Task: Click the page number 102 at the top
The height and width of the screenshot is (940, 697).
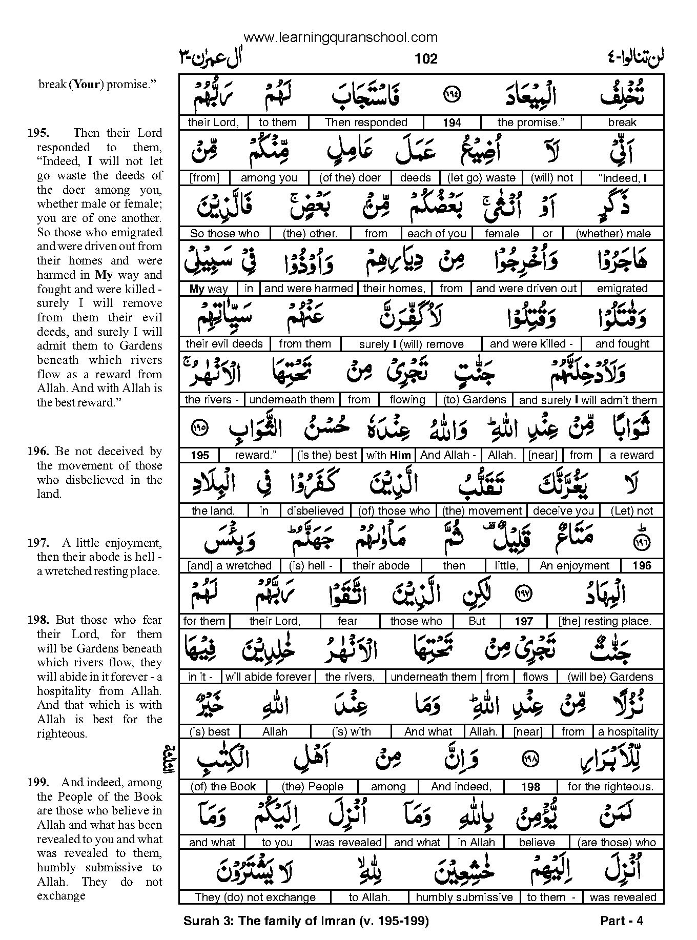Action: click(x=426, y=59)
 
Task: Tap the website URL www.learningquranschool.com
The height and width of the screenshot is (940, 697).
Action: click(x=341, y=37)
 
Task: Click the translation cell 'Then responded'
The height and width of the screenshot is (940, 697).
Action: click(x=366, y=122)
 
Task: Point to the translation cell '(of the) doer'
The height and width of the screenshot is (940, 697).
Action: click(x=350, y=178)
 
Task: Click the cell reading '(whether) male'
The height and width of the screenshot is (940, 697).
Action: click(x=613, y=234)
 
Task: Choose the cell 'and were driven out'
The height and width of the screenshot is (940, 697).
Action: click(x=526, y=289)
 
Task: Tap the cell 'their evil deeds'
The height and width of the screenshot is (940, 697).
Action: click(x=224, y=344)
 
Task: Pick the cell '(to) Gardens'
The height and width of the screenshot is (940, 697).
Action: click(x=474, y=400)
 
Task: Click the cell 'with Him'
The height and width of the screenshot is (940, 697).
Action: click(x=387, y=455)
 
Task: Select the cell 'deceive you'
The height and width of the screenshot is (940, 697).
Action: click(x=563, y=510)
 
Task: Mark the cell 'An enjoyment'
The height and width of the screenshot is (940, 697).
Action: click(x=575, y=566)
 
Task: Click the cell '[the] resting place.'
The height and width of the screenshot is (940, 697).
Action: click(x=605, y=621)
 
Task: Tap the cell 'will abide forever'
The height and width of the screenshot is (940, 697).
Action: click(x=269, y=677)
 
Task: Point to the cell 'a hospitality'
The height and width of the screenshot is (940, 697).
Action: click(x=628, y=732)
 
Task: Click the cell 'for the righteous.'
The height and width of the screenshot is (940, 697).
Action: click(x=610, y=787)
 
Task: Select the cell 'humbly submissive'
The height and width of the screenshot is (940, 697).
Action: click(x=464, y=897)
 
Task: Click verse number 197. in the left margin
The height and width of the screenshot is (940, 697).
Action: click(x=39, y=543)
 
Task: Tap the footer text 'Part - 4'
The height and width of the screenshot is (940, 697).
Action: click(x=621, y=921)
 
